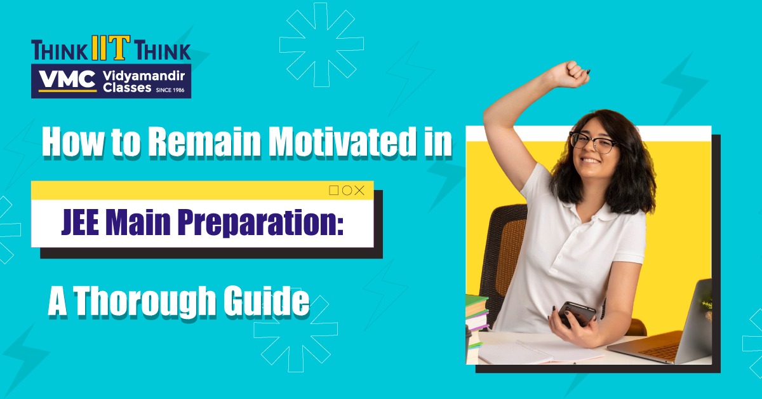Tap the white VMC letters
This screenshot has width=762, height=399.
tap(67, 79)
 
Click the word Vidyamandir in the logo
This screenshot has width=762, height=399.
tap(144, 76)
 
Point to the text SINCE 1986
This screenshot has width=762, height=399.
tap(170, 90)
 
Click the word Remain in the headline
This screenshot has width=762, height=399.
tap(203, 142)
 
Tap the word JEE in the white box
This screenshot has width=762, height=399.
tap(80, 224)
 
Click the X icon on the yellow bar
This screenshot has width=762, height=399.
tap(359, 191)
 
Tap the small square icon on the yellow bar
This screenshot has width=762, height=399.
tap(334, 191)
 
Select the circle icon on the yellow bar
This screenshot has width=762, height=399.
tap(347, 191)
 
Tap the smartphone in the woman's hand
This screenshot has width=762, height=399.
tap(577, 314)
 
